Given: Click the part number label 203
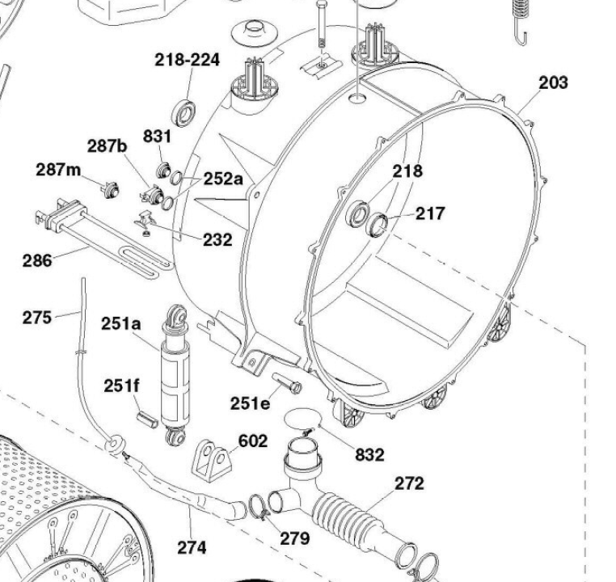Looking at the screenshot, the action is (x=553, y=83).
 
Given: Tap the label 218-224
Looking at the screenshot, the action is (x=187, y=60).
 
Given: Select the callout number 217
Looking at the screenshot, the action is (x=430, y=213).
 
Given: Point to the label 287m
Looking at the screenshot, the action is (x=58, y=170).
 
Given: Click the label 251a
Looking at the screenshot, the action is (x=121, y=324).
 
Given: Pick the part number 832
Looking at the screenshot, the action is (x=369, y=455).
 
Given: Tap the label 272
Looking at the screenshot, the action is (x=409, y=483).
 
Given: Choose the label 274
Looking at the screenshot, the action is (x=192, y=547).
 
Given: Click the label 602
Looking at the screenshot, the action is (x=253, y=441).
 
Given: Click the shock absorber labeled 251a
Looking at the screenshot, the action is (x=175, y=375).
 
